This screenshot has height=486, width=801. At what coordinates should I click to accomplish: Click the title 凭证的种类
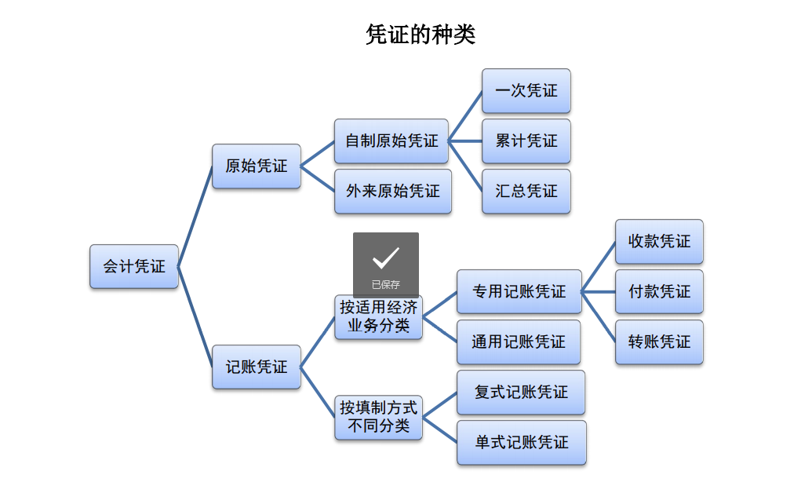coord(421,35)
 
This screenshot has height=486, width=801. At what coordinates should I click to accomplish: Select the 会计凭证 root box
coord(134,266)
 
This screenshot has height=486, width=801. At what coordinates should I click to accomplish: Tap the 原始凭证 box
coord(257,166)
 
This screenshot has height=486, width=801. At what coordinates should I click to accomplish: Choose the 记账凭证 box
coord(257,367)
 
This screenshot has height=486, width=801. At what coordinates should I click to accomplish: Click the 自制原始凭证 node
coord(391,141)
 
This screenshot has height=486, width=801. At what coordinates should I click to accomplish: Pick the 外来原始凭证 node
coord(393,191)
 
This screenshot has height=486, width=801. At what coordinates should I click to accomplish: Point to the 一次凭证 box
coord(526,91)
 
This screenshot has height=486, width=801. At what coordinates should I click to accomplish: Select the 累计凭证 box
coord(526,141)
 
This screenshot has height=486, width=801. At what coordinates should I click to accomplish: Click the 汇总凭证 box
coord(526,191)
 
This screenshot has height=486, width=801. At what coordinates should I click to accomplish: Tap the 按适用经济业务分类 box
coord(379,317)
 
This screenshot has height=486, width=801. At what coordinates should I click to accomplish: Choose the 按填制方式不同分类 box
coord(379,418)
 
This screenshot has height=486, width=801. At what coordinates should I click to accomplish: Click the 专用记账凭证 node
coord(519,292)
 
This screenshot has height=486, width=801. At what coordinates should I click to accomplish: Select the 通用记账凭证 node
coord(519,342)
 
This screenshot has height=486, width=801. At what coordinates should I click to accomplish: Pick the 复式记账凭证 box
coord(521,392)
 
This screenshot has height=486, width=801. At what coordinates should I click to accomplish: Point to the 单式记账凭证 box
coord(522,443)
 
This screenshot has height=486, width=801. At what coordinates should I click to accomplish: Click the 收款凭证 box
coord(659,242)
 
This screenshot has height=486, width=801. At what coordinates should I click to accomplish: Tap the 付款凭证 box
coord(659,292)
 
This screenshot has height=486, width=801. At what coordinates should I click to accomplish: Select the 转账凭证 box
coord(659,342)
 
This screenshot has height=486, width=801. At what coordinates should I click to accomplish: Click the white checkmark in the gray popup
coord(386,258)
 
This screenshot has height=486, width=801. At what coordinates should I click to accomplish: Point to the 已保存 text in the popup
coord(386,285)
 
